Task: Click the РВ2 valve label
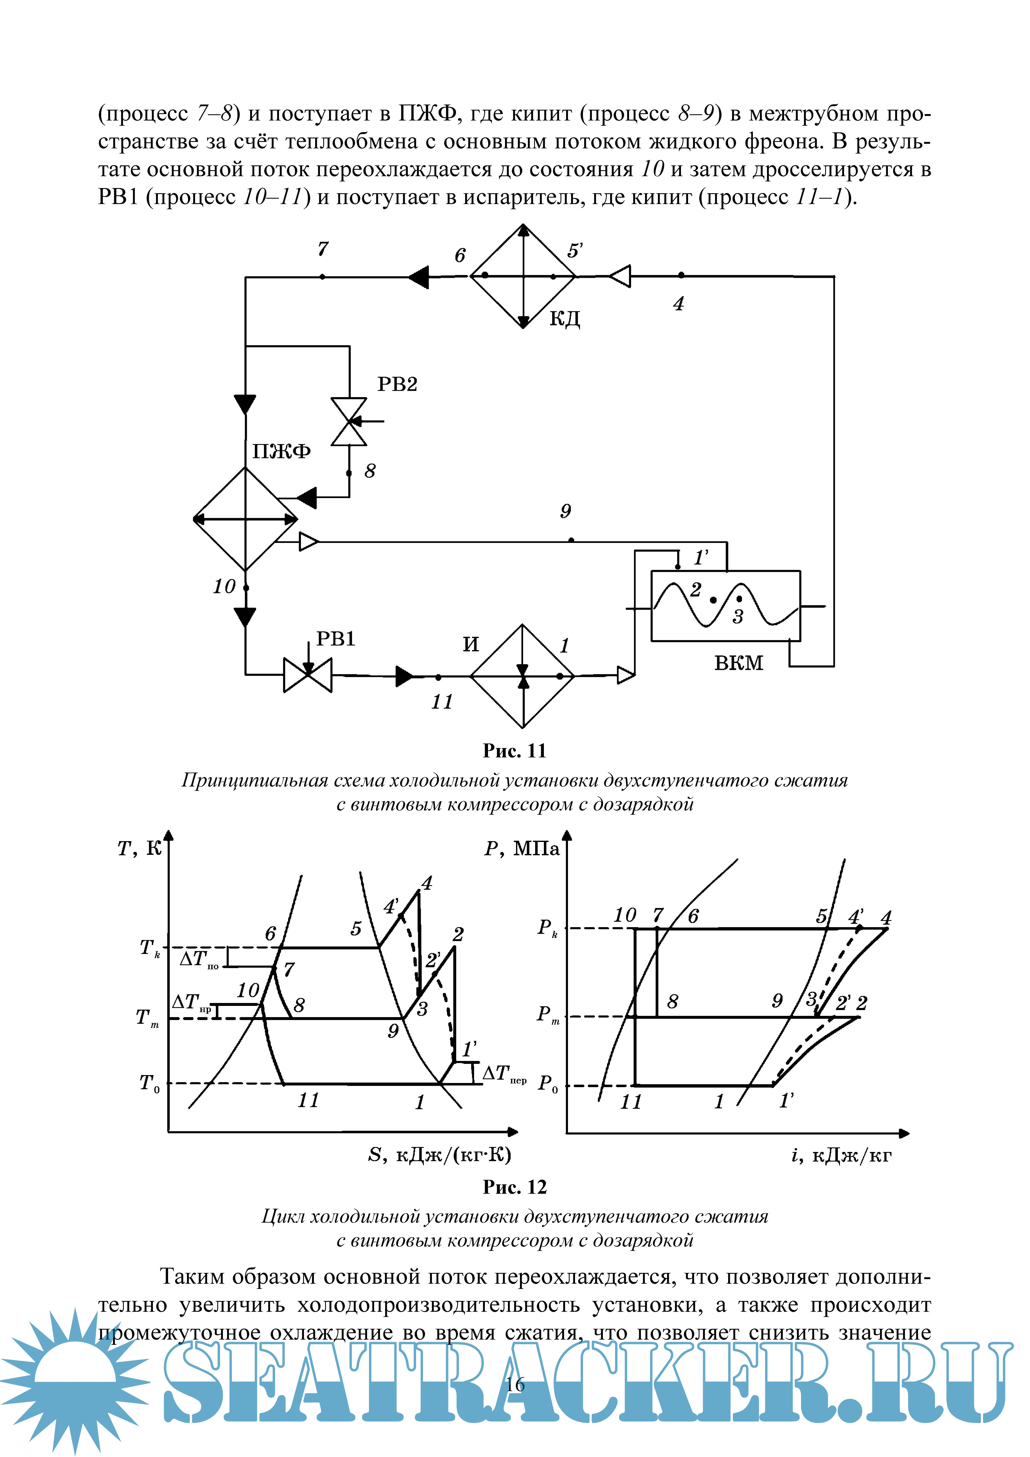397,385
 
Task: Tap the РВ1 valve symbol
308,675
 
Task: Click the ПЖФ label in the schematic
281,451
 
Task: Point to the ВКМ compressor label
738,663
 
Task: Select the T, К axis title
140,848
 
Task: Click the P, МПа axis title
522,848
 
